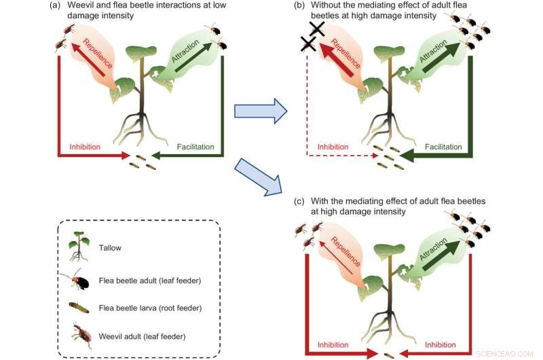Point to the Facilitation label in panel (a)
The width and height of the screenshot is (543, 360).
196,147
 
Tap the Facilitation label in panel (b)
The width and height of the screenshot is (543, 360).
443,147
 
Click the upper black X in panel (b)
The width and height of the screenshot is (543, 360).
317,29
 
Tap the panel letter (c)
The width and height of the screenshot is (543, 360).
299,202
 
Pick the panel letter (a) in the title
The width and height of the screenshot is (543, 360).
54,7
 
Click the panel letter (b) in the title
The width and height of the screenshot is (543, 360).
299,7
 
